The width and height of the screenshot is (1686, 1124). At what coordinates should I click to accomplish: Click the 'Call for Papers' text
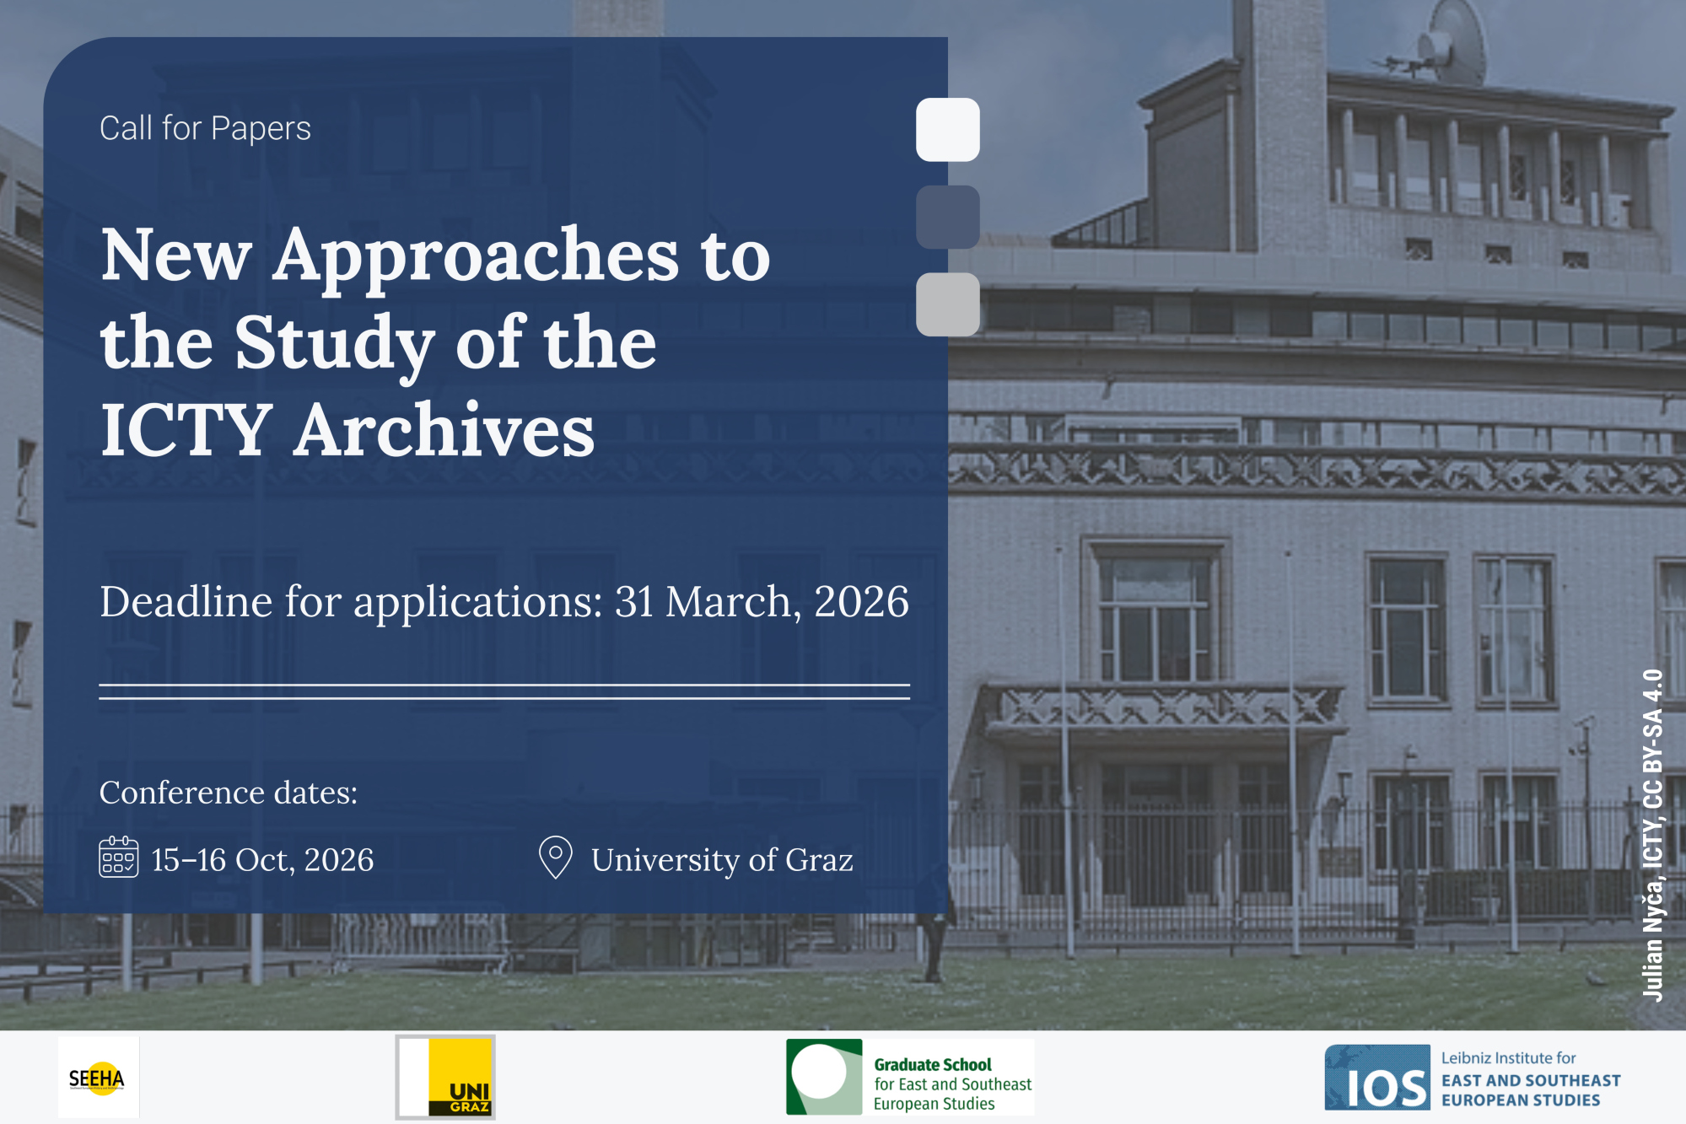[205, 128]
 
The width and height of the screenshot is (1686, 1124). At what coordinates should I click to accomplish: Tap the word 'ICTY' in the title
[186, 430]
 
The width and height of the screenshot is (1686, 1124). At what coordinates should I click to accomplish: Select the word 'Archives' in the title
[444, 430]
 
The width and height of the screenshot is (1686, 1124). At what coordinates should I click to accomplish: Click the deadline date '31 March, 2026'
[762, 602]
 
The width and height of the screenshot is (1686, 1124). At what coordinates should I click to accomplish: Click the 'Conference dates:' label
[229, 793]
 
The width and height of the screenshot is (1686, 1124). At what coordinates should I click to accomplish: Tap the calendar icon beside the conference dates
[119, 858]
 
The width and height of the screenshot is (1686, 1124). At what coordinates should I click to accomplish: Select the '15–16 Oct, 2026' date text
[262, 860]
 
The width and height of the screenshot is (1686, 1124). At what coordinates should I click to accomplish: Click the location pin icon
[556, 857]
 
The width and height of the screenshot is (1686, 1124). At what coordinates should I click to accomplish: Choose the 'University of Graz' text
[722, 860]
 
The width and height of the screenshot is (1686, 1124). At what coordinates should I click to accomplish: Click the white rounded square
[948, 130]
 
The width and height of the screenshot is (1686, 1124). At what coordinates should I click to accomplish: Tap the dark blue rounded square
[948, 218]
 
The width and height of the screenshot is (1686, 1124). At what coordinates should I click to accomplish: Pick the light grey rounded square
[948, 304]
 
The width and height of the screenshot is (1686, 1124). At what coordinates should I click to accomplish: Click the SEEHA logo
[99, 1078]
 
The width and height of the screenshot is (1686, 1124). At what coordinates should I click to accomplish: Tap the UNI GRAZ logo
[445, 1078]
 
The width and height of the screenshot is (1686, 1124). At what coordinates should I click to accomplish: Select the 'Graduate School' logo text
[932, 1065]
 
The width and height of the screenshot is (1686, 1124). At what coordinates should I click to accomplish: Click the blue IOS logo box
[1377, 1078]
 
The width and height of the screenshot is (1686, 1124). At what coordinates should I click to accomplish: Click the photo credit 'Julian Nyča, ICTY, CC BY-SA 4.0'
[1653, 836]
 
